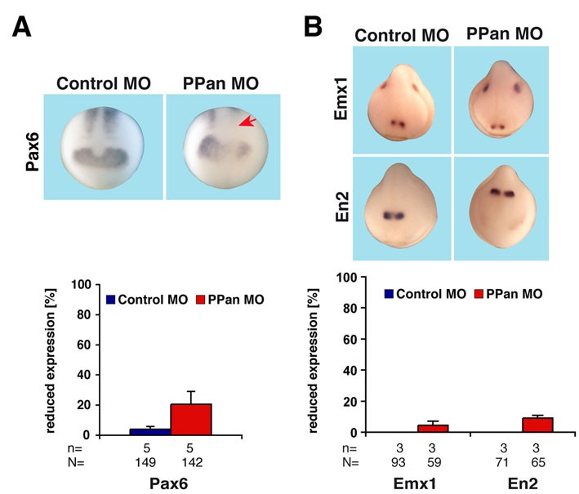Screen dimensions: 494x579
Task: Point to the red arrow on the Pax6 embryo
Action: [246, 122]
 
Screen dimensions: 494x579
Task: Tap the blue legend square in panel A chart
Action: [112, 298]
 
